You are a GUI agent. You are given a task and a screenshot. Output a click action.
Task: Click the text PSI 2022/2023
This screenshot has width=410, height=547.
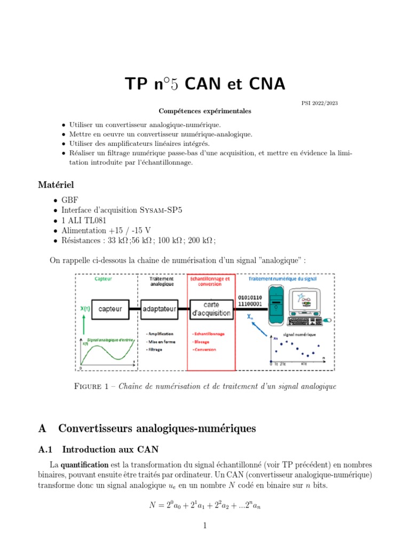point(320,104)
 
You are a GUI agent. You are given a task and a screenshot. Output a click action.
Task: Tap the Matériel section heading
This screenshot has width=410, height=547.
point(56,185)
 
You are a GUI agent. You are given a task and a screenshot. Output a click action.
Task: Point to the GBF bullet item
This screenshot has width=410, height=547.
point(70,200)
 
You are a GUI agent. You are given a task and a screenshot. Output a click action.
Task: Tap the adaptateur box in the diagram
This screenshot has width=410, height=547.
point(160,309)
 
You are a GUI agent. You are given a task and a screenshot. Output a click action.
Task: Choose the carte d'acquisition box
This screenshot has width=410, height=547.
point(211,309)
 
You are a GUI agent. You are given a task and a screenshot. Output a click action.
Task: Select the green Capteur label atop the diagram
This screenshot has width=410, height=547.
point(103,278)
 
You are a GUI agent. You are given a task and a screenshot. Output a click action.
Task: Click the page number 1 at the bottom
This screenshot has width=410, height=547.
point(205,525)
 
